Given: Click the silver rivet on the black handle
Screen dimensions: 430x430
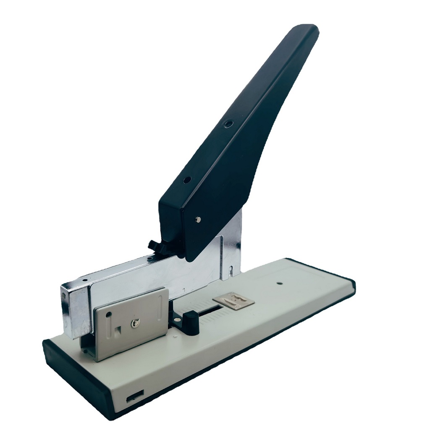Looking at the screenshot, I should [x=199, y=219].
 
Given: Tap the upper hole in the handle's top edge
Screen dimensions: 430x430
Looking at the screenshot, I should [x=228, y=124].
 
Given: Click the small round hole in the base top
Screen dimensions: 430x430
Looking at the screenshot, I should [x=279, y=284].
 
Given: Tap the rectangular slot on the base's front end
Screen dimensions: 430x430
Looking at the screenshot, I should [x=135, y=396].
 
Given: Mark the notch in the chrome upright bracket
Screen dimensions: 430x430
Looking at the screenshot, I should [x=230, y=268].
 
